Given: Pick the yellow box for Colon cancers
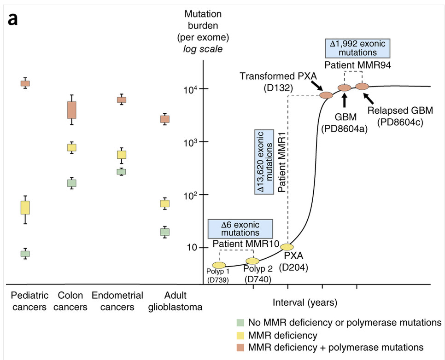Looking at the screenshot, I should [x=71, y=147].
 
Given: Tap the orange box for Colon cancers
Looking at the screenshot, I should [x=71, y=110].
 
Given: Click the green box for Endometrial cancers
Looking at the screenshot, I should [x=121, y=171].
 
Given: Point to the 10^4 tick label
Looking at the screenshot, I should [x=192, y=89].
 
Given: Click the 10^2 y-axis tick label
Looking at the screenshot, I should [x=192, y=195].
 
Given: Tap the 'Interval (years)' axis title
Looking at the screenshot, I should [x=305, y=302].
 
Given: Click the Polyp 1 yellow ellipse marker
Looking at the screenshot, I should [x=219, y=265].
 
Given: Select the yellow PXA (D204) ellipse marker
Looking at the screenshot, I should [x=287, y=247].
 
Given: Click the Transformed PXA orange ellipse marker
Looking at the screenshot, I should [x=326, y=95].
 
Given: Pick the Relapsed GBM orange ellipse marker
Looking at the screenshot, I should [x=362, y=86].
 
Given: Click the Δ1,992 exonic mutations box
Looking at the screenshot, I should [x=357, y=47].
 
